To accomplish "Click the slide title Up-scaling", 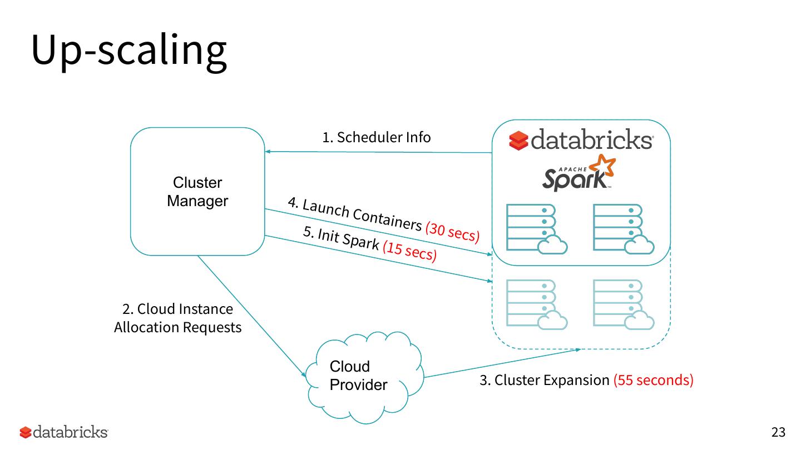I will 128,50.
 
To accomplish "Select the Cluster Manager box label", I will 197,192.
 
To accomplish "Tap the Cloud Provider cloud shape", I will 364,377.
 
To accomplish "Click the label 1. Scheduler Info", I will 377,137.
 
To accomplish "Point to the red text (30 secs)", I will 452,232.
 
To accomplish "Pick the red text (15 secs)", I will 409,251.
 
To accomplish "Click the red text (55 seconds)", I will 653,381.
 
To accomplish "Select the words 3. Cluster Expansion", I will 545,381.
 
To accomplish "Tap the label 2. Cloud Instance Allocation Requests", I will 178,318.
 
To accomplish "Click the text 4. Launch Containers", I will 354,213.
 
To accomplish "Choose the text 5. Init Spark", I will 341,239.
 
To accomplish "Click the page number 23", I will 778,432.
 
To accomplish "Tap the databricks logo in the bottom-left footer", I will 64,432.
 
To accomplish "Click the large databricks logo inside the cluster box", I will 581,141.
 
